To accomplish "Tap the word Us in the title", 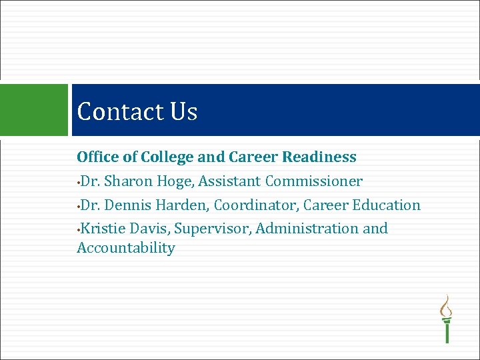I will [x=183, y=111].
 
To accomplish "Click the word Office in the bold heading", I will [x=97, y=157].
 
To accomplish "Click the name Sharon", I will [x=130, y=181].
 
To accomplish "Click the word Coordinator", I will [x=256, y=205].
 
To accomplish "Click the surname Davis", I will [x=150, y=229].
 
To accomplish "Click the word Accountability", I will [x=126, y=249].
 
